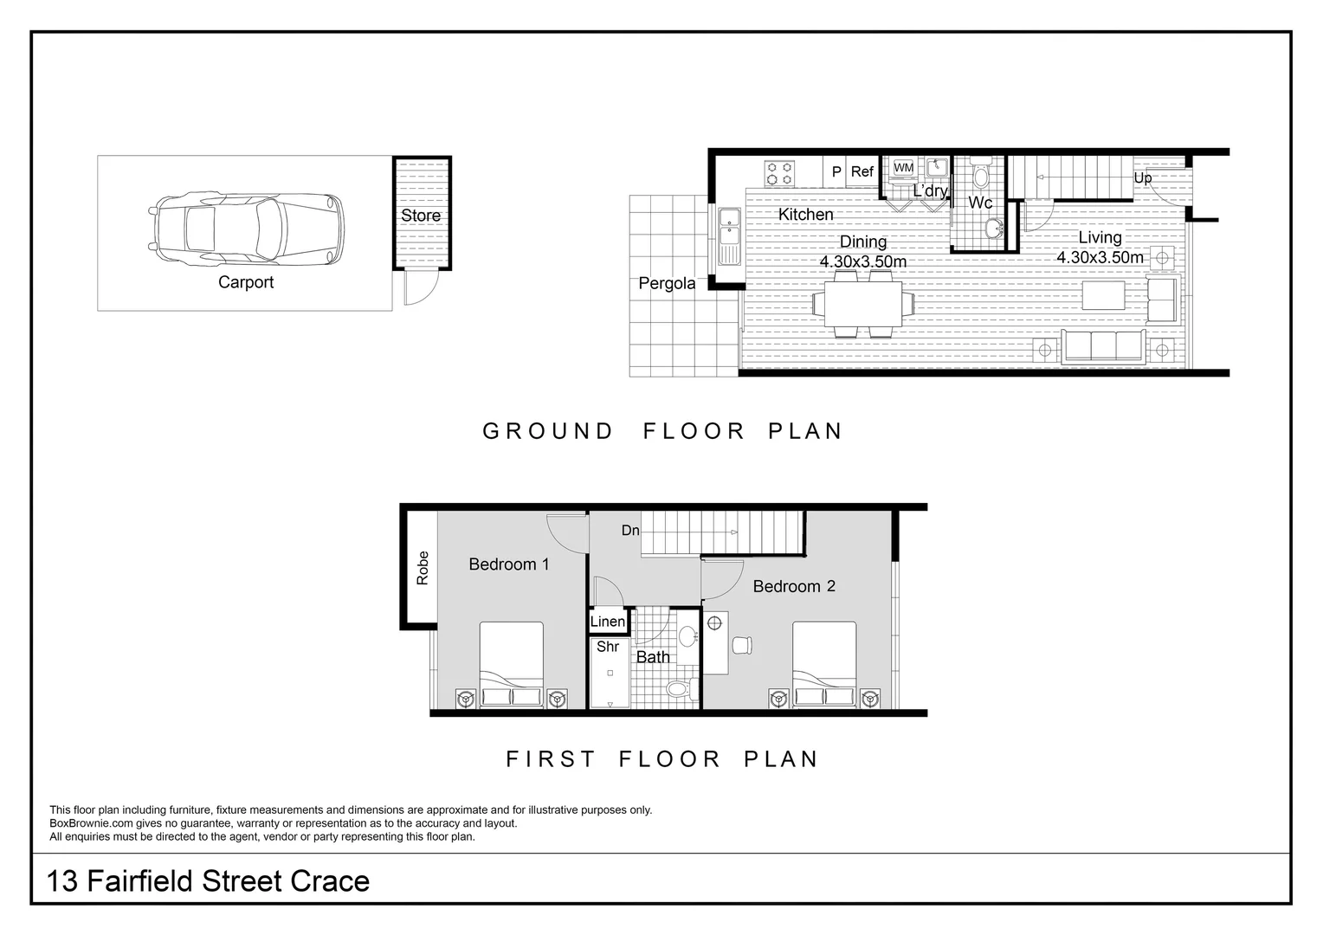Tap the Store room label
point(421,216)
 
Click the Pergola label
point(667,283)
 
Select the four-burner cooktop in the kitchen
point(779,173)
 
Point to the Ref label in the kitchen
point(862,171)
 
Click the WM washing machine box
point(903,168)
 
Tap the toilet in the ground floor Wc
point(980,176)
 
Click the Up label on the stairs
point(1143,177)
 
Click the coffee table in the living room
point(1103,295)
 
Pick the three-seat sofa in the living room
point(1104,345)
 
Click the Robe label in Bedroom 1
point(423,568)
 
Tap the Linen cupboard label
point(608,622)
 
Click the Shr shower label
point(608,647)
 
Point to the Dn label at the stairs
point(630,530)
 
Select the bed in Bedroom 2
point(824,665)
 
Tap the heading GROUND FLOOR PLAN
point(662,431)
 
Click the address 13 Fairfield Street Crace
point(208,881)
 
